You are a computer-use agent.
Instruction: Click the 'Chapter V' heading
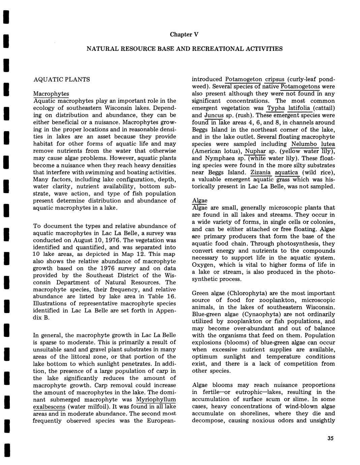(184, 34)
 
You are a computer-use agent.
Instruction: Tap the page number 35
(330, 438)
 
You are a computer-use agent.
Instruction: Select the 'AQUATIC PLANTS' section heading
(62, 80)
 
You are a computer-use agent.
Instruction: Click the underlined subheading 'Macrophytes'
(51, 93)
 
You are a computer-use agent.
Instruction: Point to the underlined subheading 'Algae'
(200, 200)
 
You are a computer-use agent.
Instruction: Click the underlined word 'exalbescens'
(49, 407)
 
